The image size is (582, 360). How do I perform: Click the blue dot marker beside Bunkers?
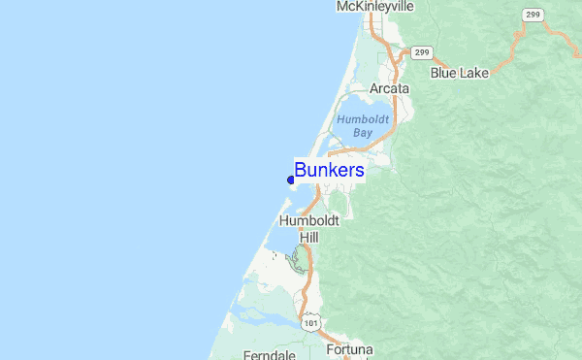click(291, 179)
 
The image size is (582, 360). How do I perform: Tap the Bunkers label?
click(330, 171)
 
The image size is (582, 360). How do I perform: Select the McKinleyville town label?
click(374, 7)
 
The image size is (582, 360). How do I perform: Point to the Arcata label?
click(389, 88)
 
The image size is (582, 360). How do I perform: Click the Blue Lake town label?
click(460, 72)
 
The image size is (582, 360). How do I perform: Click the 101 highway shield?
click(309, 320)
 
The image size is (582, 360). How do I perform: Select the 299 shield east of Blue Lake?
click(532, 15)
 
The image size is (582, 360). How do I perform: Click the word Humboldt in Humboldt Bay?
click(363, 118)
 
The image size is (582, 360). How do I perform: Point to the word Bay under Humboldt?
click(363, 132)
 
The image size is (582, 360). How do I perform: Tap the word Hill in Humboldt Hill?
click(309, 236)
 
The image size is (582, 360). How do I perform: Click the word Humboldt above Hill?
click(309, 221)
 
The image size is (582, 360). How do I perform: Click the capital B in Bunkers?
click(301, 171)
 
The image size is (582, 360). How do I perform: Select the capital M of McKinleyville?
click(342, 7)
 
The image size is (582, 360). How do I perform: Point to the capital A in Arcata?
click(374, 88)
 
